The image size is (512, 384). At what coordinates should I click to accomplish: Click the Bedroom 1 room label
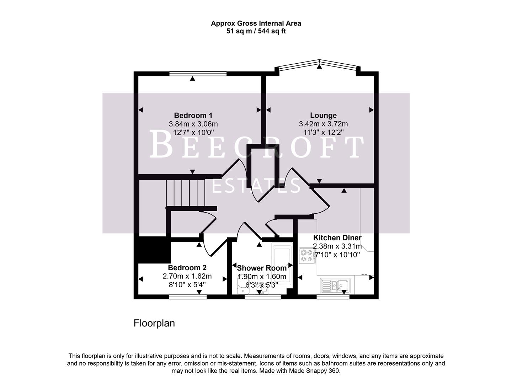pyautogui.click(x=193, y=116)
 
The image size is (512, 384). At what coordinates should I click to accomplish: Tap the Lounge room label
pyautogui.click(x=323, y=116)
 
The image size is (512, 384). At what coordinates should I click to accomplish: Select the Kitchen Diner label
pyautogui.click(x=337, y=238)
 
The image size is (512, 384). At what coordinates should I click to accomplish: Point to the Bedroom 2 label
pyautogui.click(x=187, y=268)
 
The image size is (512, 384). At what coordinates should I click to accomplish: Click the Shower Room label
pyautogui.click(x=261, y=268)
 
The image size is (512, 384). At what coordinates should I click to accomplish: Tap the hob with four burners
pyautogui.click(x=307, y=255)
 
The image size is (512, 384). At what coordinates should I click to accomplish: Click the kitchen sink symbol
pyautogui.click(x=335, y=285)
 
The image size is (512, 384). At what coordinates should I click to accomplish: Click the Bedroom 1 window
pyautogui.click(x=198, y=74)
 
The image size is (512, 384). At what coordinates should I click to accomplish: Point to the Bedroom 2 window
pyautogui.click(x=188, y=297)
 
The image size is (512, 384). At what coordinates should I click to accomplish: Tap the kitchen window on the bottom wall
pyautogui.click(x=333, y=297)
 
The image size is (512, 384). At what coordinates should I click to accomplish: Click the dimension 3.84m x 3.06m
pyautogui.click(x=193, y=124)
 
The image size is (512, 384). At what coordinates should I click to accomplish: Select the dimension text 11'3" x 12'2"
pyautogui.click(x=323, y=133)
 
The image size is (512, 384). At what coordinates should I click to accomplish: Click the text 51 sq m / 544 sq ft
pyautogui.click(x=256, y=31)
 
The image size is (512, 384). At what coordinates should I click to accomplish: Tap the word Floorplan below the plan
pyautogui.click(x=154, y=323)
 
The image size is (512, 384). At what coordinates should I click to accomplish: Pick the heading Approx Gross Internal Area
pyautogui.click(x=256, y=23)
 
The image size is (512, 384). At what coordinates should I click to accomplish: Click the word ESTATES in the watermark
pyautogui.click(x=256, y=186)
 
